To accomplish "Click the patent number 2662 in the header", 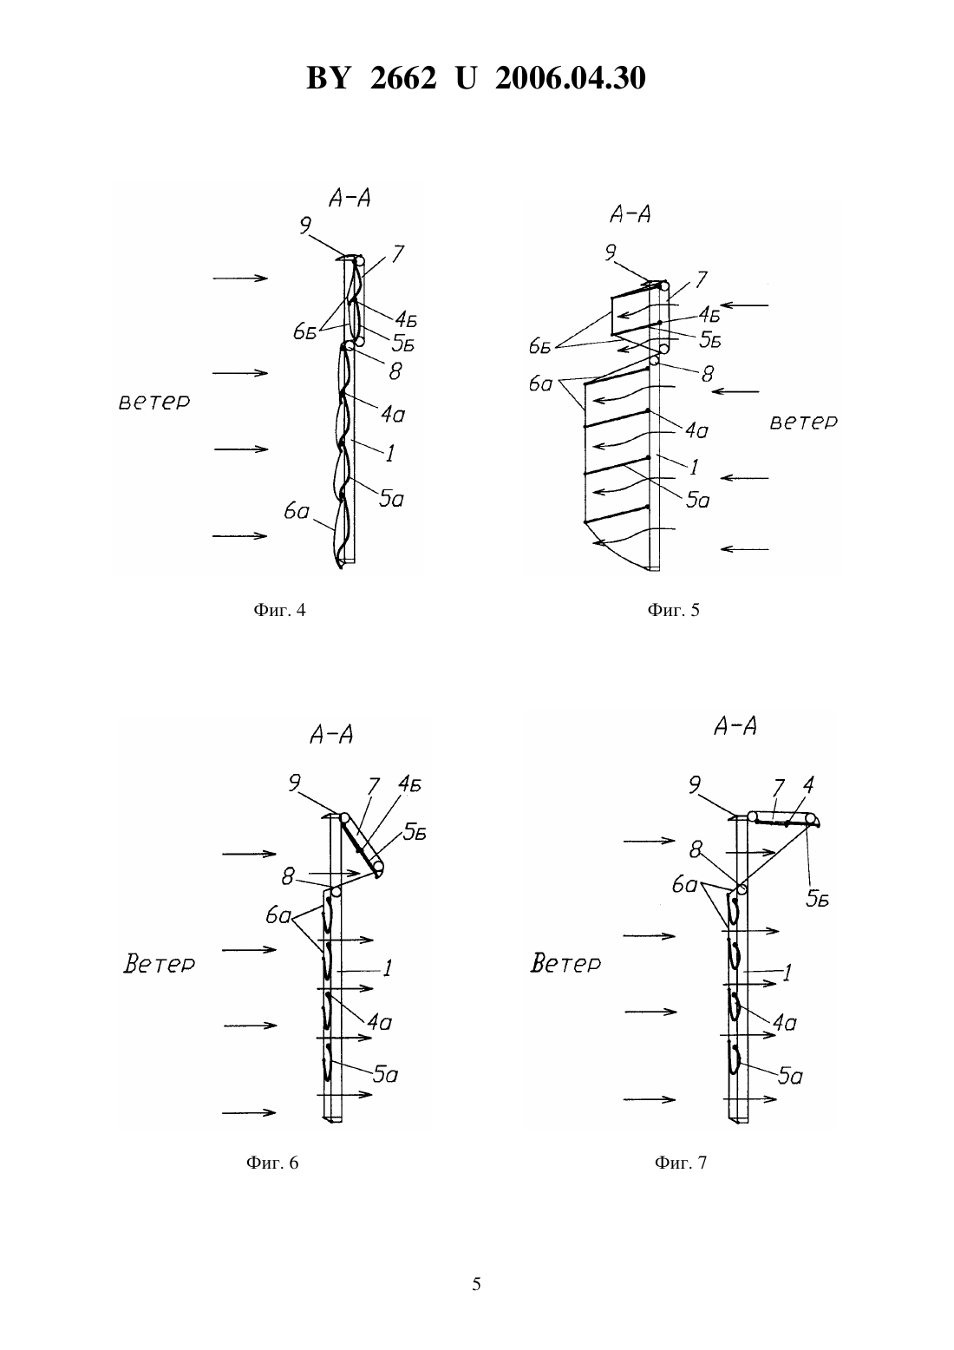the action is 403,78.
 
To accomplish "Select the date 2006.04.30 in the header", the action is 571,78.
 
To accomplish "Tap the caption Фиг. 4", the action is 279,611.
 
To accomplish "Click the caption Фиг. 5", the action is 673,611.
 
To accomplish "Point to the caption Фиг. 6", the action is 272,1163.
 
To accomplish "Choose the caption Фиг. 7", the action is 681,1163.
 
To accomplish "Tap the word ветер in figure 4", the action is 154,402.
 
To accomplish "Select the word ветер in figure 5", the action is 804,422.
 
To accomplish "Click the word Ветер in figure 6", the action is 159,964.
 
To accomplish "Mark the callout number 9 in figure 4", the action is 305,226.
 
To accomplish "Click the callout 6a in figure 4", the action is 297,512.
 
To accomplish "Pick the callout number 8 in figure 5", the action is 708,374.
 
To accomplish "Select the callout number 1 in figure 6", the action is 388,968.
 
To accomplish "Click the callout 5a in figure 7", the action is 790,1076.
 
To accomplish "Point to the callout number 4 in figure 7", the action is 807,785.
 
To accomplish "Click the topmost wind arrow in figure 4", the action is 240,278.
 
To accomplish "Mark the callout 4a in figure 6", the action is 380,1021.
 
